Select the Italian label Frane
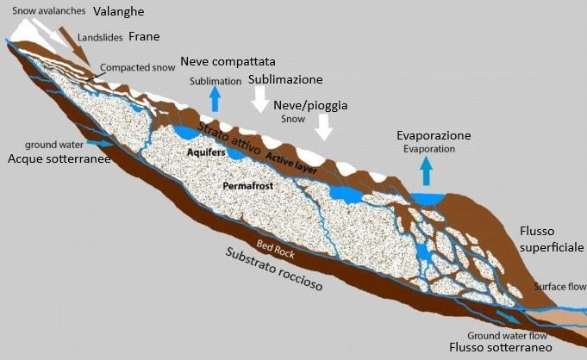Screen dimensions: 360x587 (144, 37)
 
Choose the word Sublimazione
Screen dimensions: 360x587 (285, 79)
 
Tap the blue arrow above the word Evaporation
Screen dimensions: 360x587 (425, 171)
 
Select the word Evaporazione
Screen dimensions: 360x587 (434, 136)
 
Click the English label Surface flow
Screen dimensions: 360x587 (559, 286)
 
